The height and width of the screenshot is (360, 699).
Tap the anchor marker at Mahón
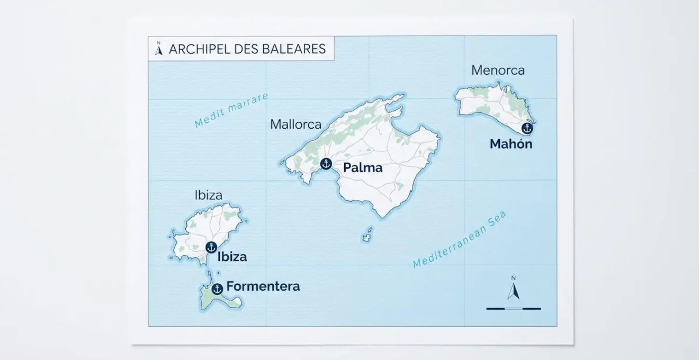click(526, 128)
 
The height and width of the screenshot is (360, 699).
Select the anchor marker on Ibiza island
click(211, 247)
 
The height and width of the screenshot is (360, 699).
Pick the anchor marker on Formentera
click(217, 289)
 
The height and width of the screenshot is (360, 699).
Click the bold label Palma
click(363, 168)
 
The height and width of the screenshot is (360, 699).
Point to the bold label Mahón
click(510, 144)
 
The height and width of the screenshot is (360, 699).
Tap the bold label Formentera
click(263, 286)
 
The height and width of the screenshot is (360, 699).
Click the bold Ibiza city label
click(232, 257)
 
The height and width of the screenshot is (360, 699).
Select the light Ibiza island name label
click(208, 195)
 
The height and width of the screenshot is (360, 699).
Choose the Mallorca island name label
click(295, 124)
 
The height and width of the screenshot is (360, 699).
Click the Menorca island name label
click(498, 70)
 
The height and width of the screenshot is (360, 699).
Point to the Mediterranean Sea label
click(460, 240)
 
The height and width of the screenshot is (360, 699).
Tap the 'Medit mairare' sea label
click(231, 111)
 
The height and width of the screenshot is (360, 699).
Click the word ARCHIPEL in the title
click(198, 49)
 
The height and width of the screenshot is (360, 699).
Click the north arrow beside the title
click(158, 48)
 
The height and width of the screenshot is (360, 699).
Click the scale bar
click(514, 308)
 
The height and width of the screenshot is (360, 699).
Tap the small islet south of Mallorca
click(367, 235)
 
